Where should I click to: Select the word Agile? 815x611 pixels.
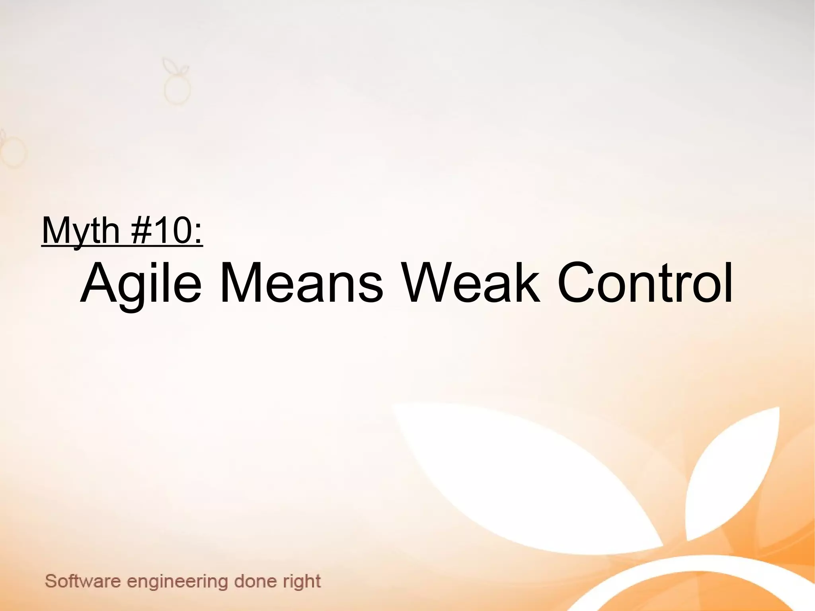[141, 283]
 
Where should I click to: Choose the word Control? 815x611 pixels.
[645, 283]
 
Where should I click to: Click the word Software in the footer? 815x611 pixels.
[83, 581]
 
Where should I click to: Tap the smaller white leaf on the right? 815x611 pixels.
[736, 470]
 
